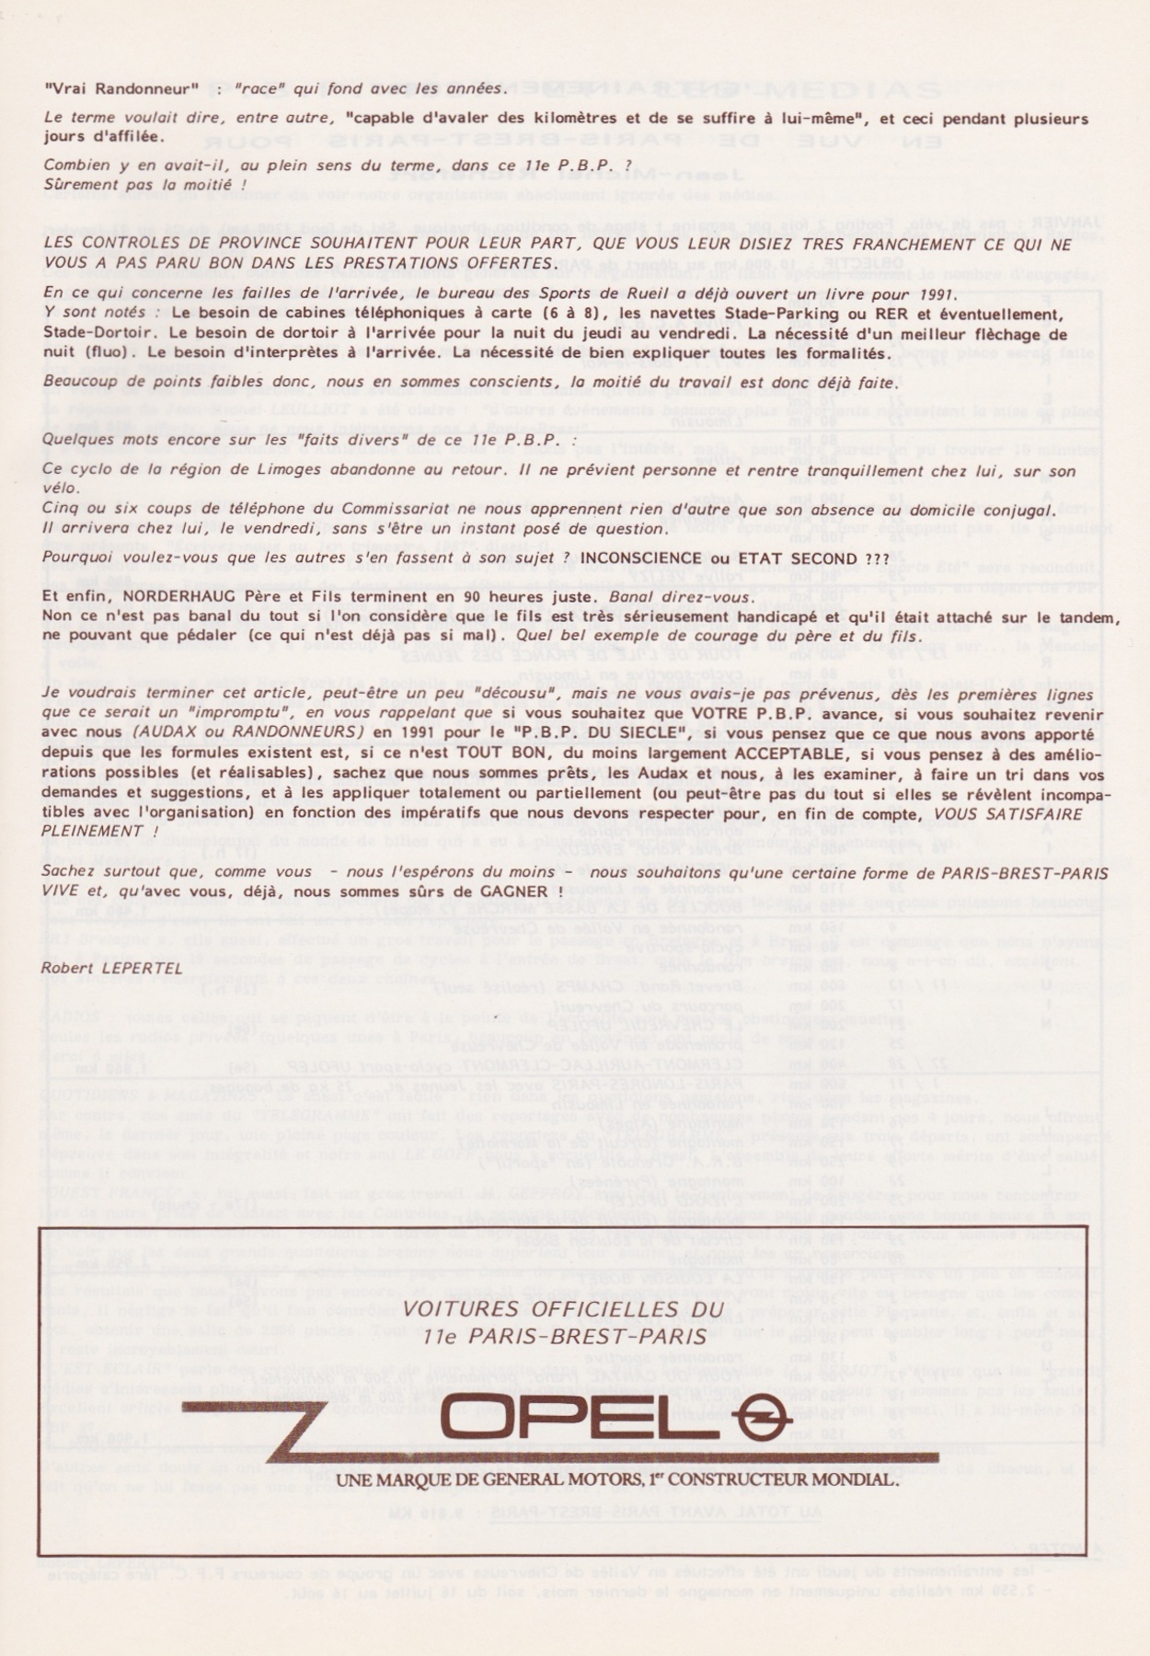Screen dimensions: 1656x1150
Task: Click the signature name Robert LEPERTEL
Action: [111, 967]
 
